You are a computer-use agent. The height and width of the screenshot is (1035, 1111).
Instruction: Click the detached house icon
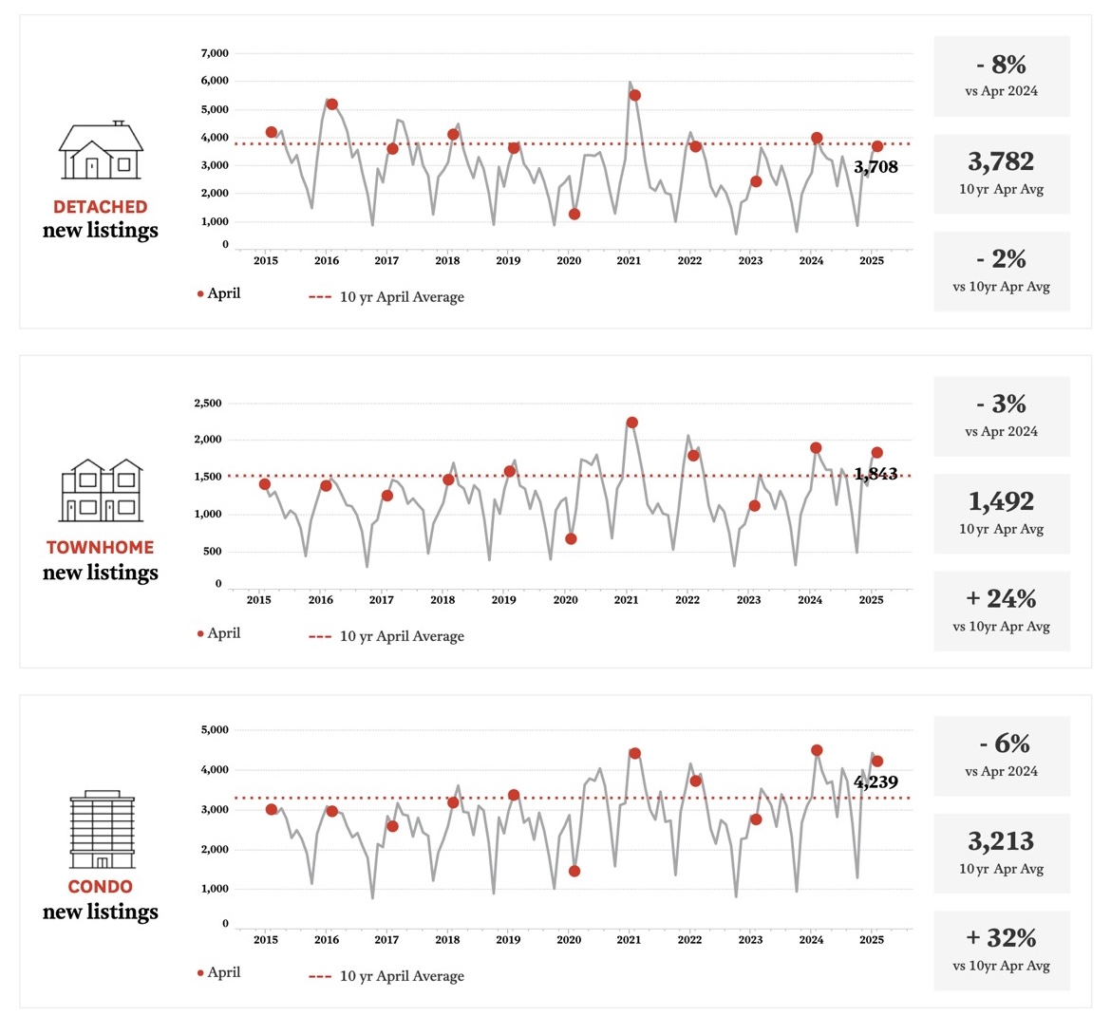click(x=101, y=151)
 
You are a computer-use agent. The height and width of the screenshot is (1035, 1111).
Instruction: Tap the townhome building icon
click(x=102, y=491)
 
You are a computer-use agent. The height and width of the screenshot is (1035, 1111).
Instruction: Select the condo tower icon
click(x=102, y=829)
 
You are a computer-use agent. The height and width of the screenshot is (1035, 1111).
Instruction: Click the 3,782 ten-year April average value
click(x=1001, y=162)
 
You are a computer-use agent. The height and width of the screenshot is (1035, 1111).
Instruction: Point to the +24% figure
click(x=1001, y=599)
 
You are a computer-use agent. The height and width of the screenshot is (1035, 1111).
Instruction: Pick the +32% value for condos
click(x=1001, y=938)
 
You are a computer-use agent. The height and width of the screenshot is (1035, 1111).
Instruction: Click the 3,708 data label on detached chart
click(x=876, y=168)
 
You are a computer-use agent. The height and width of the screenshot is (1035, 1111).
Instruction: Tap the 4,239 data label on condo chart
click(x=876, y=782)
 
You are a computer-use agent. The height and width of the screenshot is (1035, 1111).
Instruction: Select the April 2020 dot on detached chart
click(x=574, y=215)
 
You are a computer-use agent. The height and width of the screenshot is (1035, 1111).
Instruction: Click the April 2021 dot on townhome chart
click(x=631, y=423)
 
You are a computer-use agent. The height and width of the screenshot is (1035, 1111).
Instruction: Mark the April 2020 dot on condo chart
click(x=574, y=871)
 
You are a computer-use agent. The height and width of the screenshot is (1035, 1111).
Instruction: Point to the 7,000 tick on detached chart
click(x=215, y=54)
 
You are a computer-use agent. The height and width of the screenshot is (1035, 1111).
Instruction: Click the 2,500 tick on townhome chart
click(x=208, y=404)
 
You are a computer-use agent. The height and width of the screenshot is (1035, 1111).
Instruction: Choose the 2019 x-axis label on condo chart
click(x=508, y=940)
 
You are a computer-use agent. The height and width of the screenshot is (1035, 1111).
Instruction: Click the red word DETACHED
click(x=101, y=207)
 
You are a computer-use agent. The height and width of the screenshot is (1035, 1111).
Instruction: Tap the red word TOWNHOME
click(x=101, y=548)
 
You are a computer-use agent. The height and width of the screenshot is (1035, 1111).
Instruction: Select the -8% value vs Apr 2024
click(x=1001, y=66)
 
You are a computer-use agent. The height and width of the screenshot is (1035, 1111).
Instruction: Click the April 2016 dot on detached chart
click(x=331, y=104)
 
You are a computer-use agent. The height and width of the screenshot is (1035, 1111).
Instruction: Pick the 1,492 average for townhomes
click(x=1001, y=502)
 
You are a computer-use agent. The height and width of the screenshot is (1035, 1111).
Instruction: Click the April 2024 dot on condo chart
click(x=817, y=750)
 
